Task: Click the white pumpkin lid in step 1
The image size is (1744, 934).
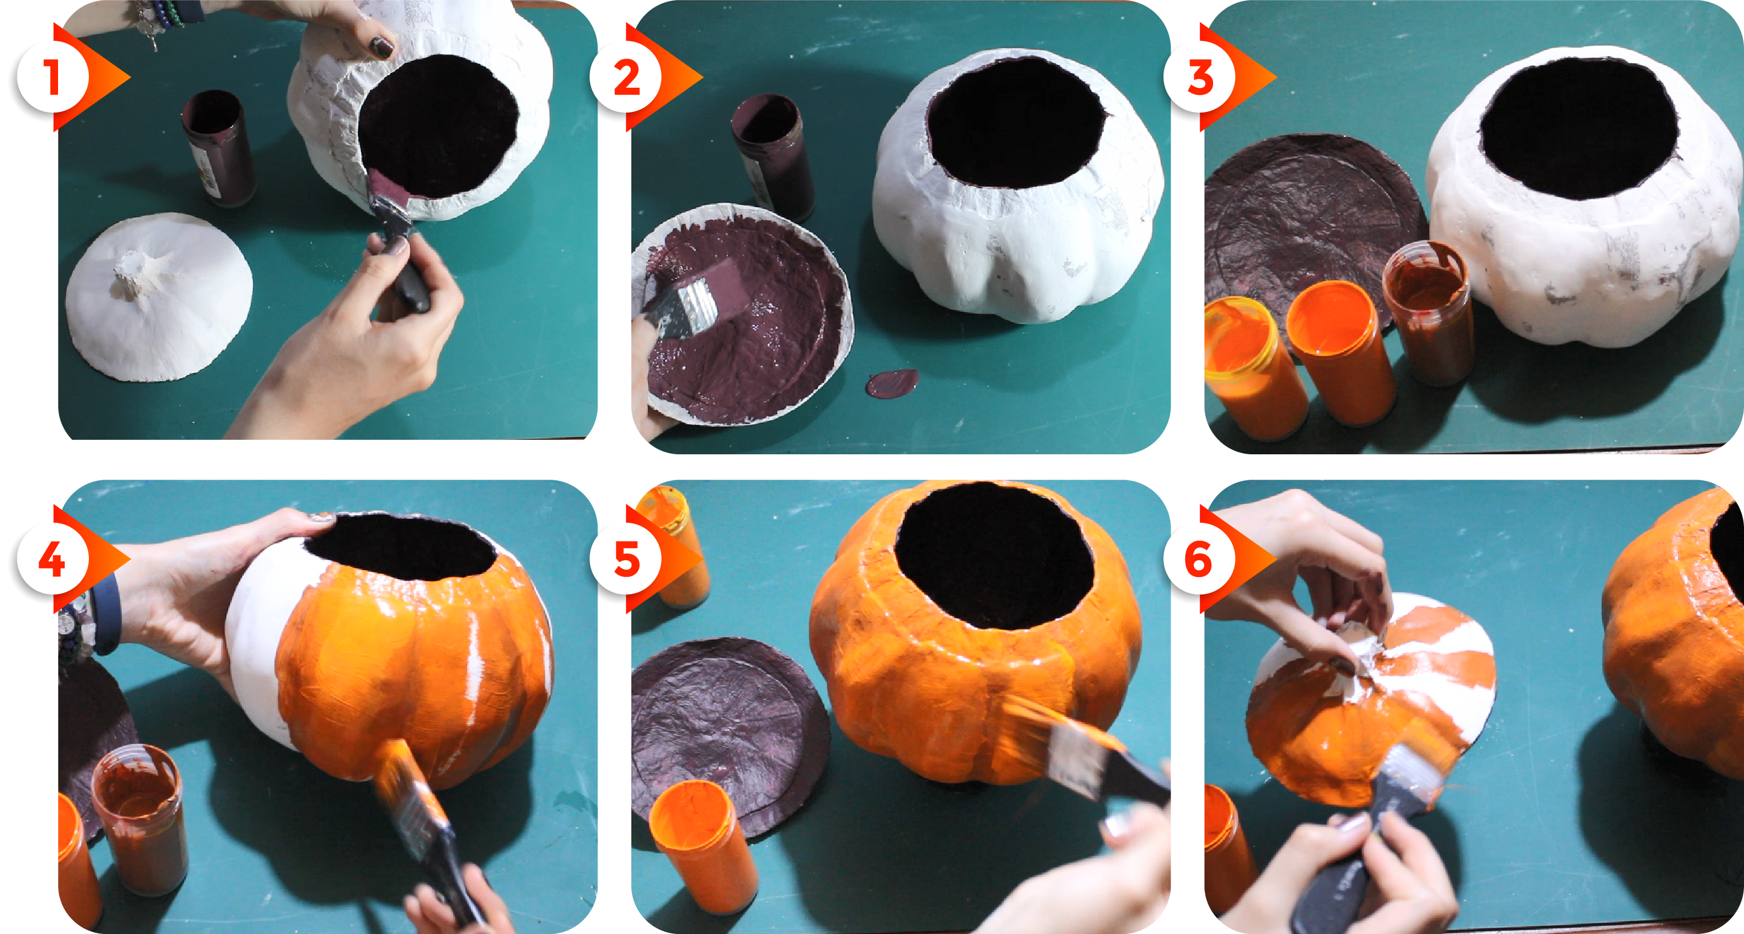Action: coord(159,296)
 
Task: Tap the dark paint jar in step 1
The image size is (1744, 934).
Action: coord(218,148)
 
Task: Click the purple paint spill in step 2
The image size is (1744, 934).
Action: coord(893,384)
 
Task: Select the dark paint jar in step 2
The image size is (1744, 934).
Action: coord(773,156)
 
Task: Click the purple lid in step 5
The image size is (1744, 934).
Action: coord(730,735)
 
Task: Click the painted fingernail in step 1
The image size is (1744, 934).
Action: coord(383,47)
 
